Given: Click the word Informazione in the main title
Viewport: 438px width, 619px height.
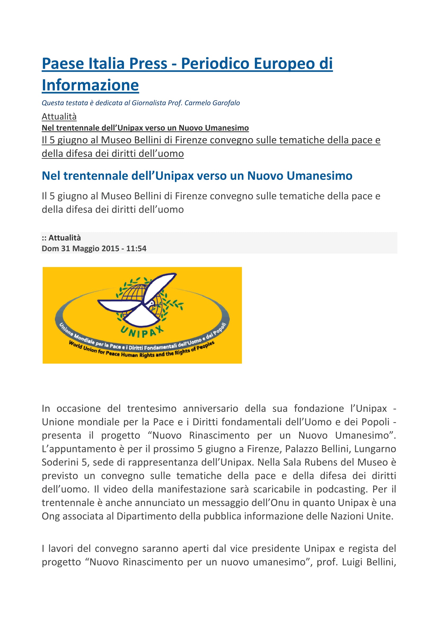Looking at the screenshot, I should (90, 85).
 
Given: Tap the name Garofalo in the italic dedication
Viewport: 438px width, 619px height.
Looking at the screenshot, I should (226, 103).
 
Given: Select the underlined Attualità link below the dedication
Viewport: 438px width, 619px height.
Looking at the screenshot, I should (59, 116).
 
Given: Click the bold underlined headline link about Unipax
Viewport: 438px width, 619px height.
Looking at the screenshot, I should (145, 128).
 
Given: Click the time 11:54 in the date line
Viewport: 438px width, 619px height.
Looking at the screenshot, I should (136, 248).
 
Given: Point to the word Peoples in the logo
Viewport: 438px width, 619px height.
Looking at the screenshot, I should (206, 346).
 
